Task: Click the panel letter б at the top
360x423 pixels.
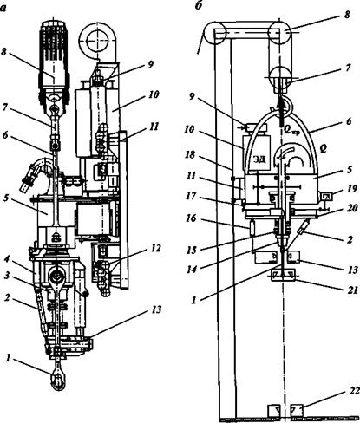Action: point(198,5)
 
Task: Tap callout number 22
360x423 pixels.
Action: point(353,391)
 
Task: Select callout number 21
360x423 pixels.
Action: point(352,290)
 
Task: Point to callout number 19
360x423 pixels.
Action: point(353,188)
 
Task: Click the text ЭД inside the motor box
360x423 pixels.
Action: point(260,159)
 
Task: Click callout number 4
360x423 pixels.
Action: point(9,256)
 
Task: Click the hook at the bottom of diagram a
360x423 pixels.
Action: point(58,381)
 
